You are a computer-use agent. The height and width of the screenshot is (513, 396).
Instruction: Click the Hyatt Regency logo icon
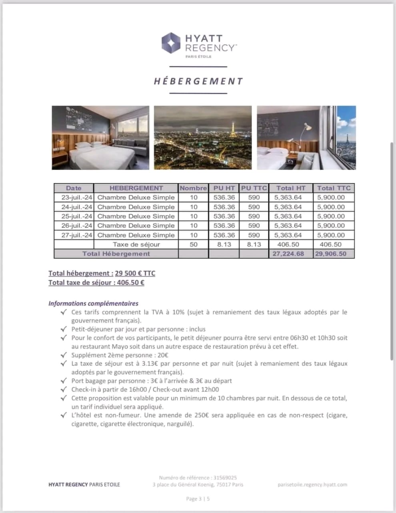coord(171,43)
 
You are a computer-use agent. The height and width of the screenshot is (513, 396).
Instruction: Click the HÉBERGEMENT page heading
coord(198,81)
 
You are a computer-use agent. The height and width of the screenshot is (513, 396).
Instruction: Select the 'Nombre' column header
coord(193,188)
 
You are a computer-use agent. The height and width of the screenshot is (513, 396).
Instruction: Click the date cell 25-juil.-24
coord(74,216)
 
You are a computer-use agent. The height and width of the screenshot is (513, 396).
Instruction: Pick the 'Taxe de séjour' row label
coord(136,244)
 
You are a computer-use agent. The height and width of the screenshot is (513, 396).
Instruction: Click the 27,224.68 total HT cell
coord(288,254)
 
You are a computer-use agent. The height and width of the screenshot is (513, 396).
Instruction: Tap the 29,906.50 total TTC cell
coord(331,254)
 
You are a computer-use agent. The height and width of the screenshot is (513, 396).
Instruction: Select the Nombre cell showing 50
coord(194,244)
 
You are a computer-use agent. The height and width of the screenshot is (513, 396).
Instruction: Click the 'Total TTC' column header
coord(334,188)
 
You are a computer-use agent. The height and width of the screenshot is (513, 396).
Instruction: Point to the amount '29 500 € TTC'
coord(135,273)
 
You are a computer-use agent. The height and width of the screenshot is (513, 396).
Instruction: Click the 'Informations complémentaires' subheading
coord(94,303)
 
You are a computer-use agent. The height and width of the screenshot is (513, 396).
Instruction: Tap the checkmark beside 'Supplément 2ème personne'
coord(63,355)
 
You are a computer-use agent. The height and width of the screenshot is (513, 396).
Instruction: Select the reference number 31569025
coord(225,478)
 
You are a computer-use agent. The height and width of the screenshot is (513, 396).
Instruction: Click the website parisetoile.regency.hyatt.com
coord(312,485)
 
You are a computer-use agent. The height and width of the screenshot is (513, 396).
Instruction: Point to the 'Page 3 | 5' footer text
coord(198,499)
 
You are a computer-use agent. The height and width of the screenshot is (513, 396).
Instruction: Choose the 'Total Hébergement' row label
coord(116,254)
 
